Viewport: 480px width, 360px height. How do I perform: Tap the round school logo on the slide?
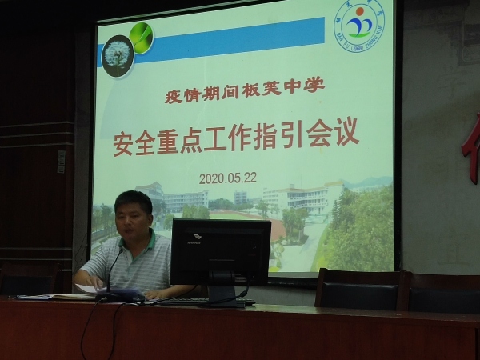pos(358,25)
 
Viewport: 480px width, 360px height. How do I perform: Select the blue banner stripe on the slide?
pos(240,34)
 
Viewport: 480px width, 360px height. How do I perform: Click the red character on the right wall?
pos(471,148)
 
